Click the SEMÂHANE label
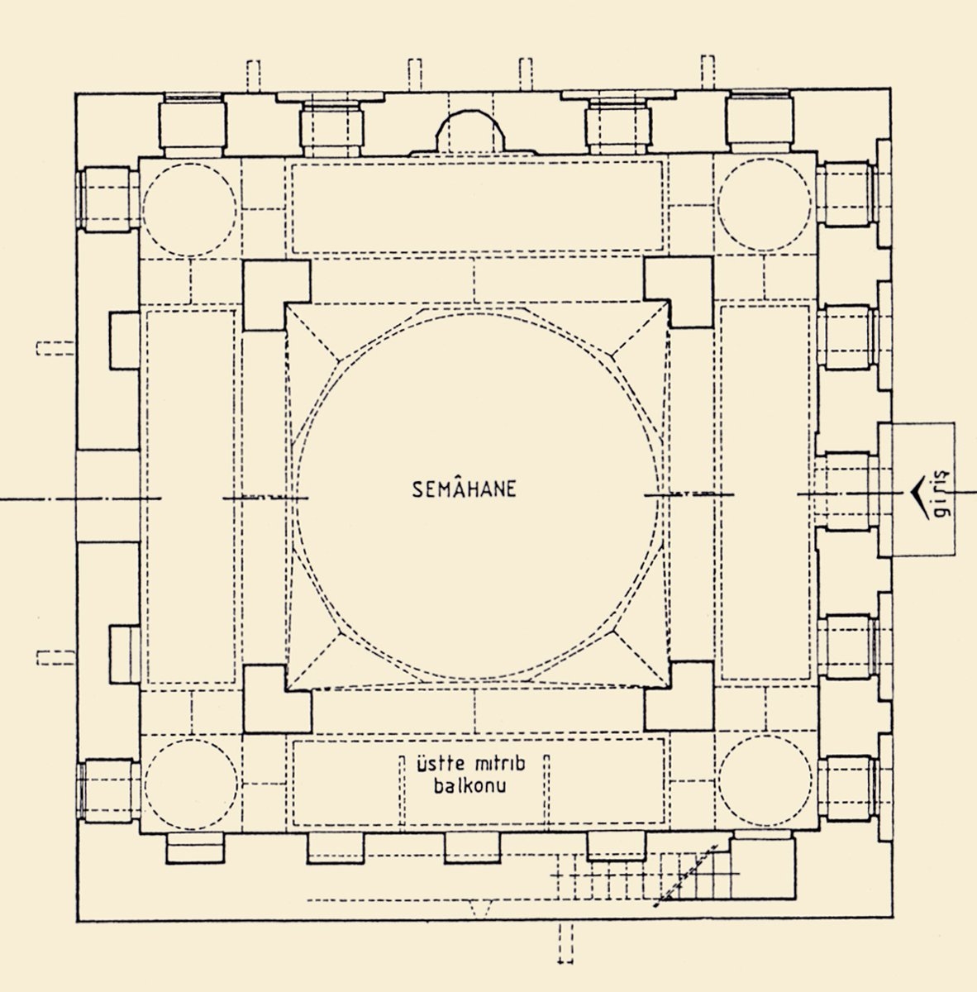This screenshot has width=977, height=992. point(465,489)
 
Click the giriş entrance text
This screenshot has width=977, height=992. point(939,496)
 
